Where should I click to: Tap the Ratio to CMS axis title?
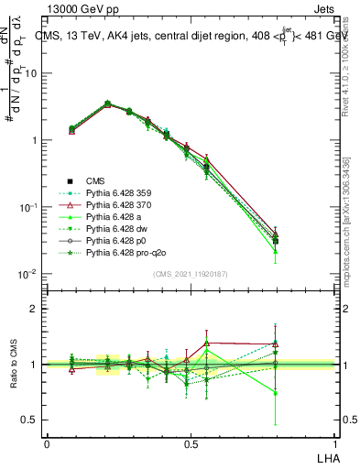[x=13, y=365]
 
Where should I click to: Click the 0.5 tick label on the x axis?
[x=190, y=444]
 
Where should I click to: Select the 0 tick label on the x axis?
[x=47, y=444]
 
